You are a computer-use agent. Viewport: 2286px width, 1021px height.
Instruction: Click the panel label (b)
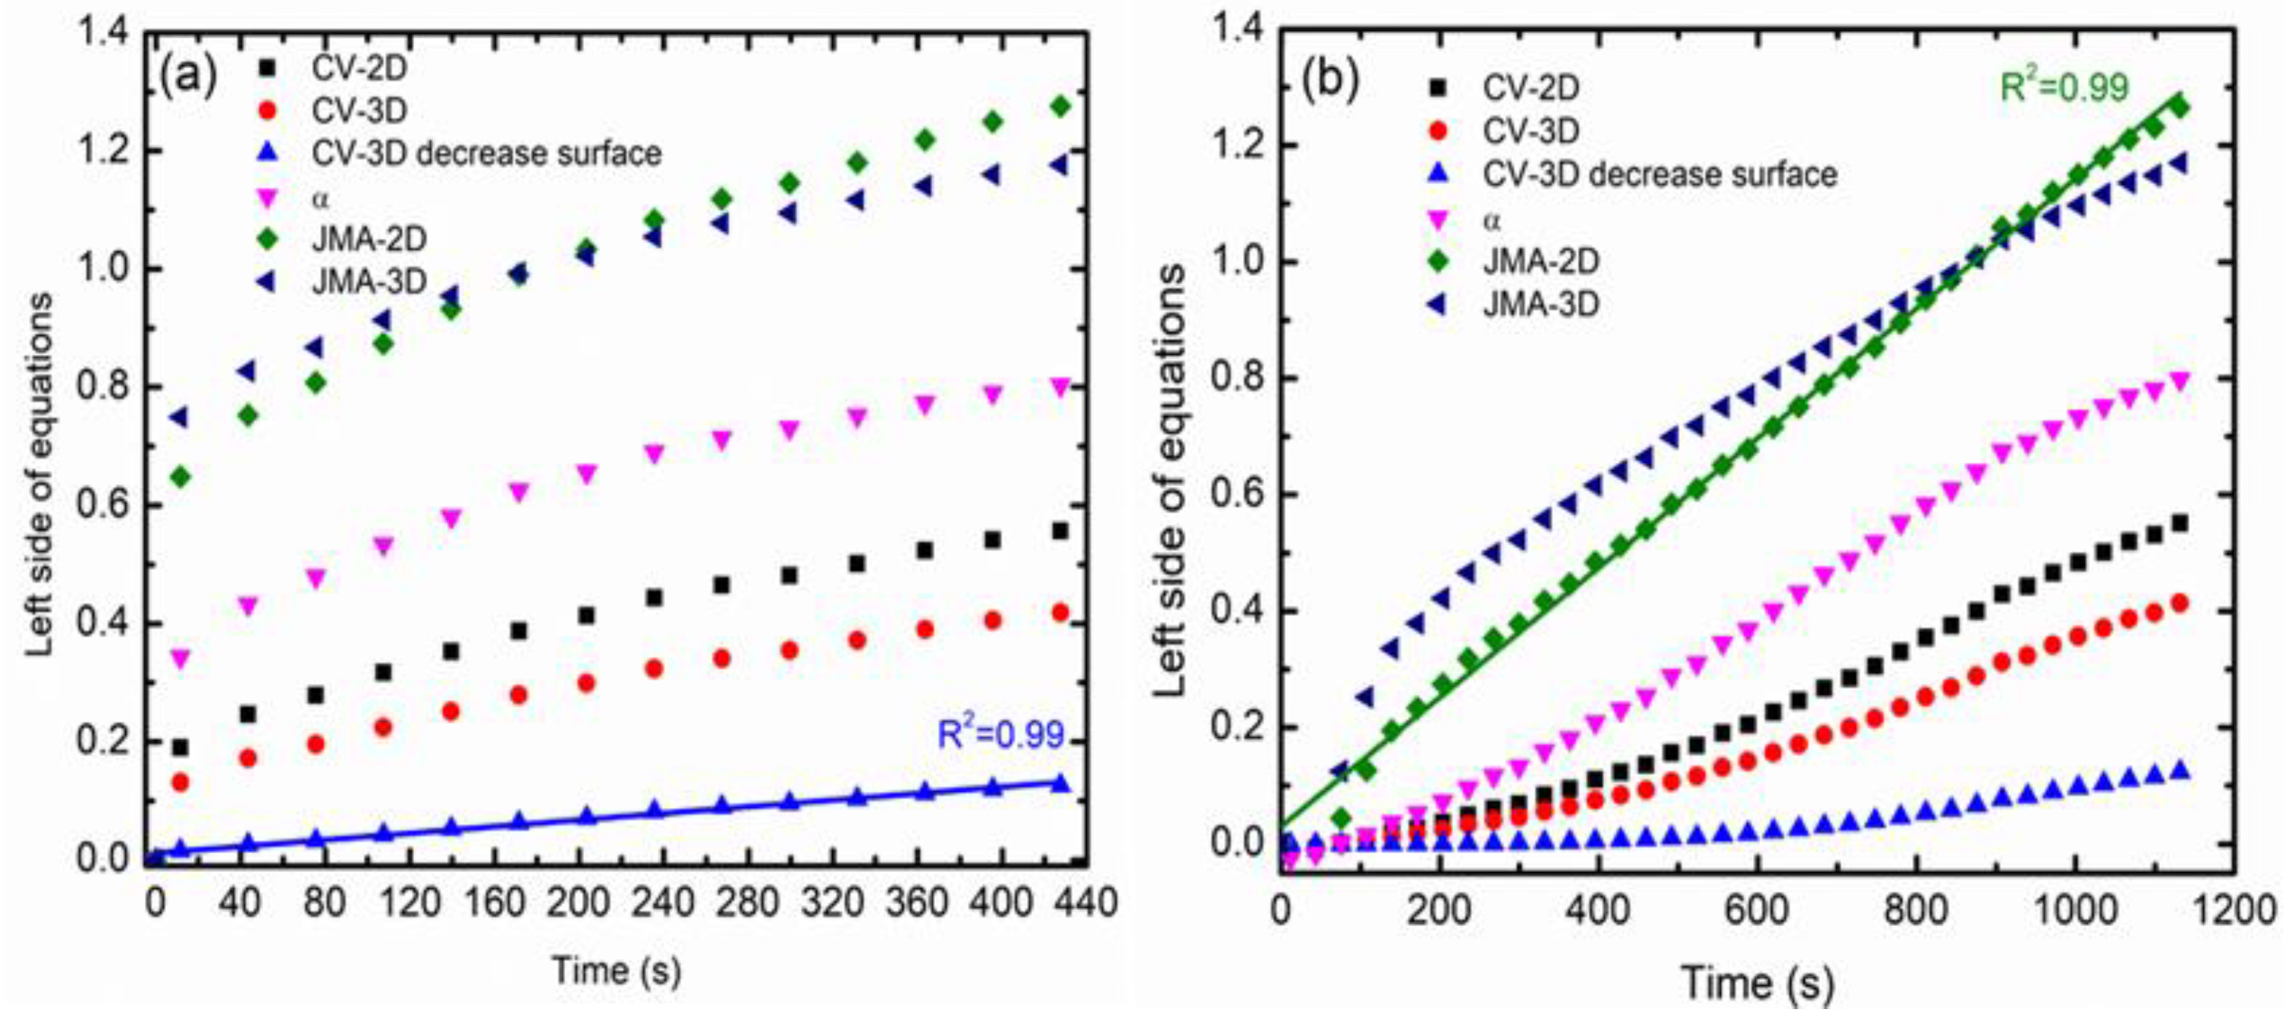pos(1329,80)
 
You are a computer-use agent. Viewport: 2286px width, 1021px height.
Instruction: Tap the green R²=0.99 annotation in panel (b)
pos(2064,88)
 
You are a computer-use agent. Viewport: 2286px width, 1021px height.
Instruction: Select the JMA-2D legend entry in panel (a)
pos(369,239)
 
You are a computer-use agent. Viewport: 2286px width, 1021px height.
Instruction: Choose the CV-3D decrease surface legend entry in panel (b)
pos(1660,174)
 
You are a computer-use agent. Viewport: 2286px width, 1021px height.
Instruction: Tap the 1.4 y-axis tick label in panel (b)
pos(1237,30)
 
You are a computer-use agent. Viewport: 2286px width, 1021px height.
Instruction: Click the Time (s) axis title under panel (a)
pos(616,970)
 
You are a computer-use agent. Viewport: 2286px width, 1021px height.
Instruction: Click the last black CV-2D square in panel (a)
pos(1059,531)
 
